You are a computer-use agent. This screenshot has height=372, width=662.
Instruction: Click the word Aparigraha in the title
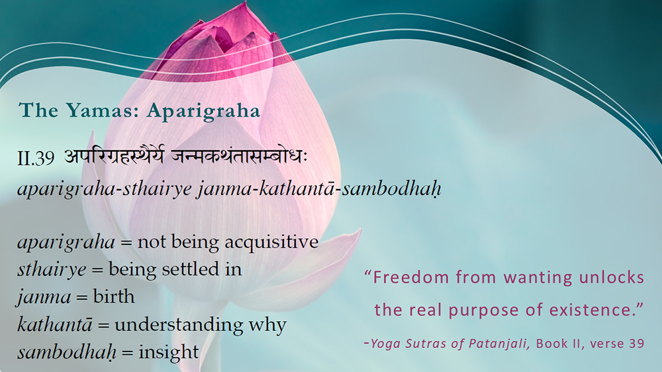coord(203,111)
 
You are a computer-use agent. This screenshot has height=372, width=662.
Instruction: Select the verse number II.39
coord(36,158)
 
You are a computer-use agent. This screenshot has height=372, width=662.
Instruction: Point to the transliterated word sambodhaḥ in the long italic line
coord(391,189)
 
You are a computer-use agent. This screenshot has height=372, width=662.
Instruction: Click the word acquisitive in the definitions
coord(271,243)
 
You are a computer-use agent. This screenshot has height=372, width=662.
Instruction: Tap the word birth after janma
coord(114,297)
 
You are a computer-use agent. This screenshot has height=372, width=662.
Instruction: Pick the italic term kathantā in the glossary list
coord(54,324)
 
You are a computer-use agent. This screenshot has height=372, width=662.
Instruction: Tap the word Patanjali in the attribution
coord(499,344)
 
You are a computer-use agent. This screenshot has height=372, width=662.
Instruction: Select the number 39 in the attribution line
coord(636,344)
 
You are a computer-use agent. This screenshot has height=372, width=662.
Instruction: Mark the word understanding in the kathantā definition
coord(179,325)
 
